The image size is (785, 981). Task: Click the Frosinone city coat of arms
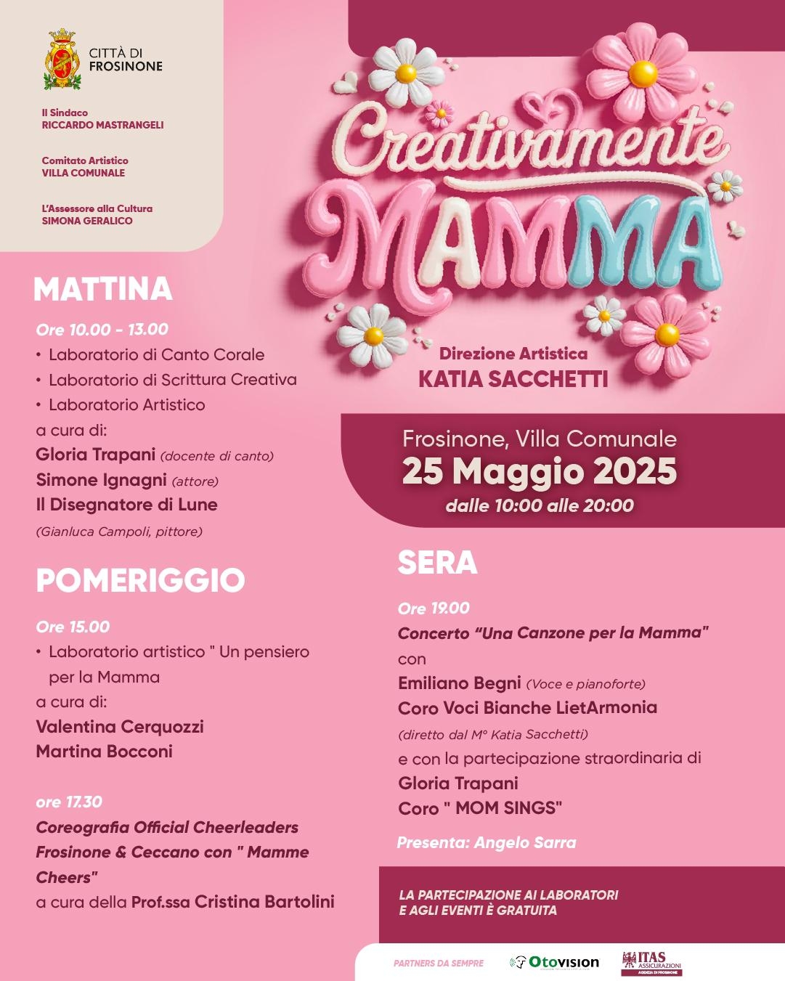pos(62,59)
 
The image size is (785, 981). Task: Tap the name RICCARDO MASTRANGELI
pos(102,125)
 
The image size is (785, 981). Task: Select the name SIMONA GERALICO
pos(87,221)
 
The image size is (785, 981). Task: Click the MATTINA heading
pos(102,289)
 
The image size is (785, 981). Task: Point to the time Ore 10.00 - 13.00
pos(102,330)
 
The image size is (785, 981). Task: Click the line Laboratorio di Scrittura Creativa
pos(172,380)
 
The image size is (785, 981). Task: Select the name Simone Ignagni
pos(102,480)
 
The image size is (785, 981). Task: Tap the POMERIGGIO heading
pos(140,580)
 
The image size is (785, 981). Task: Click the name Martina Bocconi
pos(104,752)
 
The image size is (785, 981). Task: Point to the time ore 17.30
pos(69,802)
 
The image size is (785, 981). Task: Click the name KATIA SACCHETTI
pos(513,379)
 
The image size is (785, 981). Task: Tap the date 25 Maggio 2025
pos(539,472)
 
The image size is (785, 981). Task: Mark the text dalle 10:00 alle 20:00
pos(540,505)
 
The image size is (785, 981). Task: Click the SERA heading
pos(437,563)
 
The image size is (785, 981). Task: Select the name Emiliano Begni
pos(459,683)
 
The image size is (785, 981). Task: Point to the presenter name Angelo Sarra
pos(525,843)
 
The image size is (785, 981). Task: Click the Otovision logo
pos(555,962)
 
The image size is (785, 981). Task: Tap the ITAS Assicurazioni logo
pos(651,963)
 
